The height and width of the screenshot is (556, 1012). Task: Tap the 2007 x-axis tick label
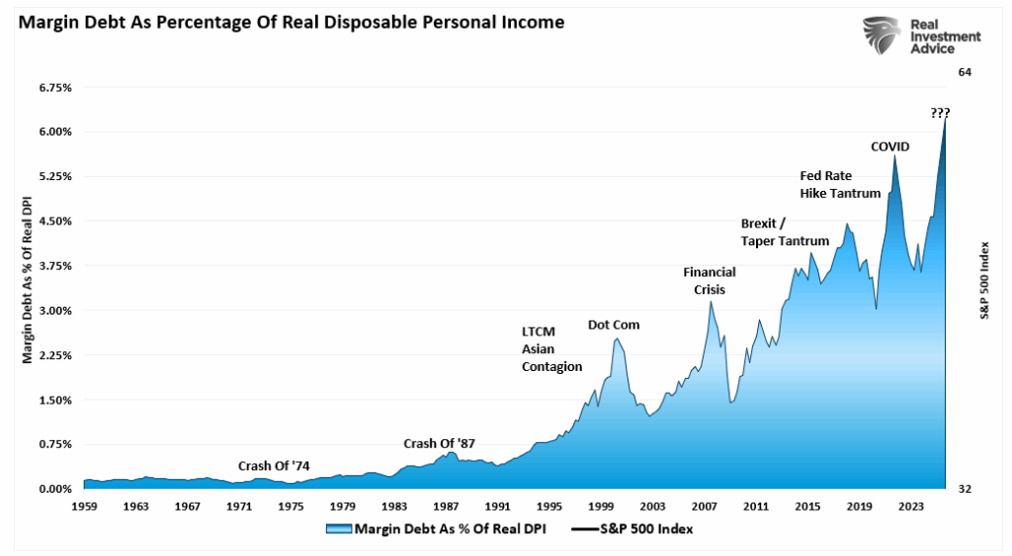tap(705, 506)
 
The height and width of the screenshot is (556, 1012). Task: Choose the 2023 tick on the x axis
tap(911, 506)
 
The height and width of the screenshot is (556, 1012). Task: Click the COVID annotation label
tap(889, 146)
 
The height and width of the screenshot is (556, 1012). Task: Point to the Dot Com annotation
tap(614, 324)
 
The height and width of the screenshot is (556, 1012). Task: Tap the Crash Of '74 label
tap(274, 466)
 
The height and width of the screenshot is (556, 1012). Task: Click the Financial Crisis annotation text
tap(704, 281)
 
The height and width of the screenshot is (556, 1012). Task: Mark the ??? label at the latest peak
tap(941, 112)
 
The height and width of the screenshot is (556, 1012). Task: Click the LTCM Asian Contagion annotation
tap(551, 348)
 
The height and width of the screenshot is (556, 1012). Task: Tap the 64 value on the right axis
tap(966, 71)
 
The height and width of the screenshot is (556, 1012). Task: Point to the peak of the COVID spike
tap(894, 155)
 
